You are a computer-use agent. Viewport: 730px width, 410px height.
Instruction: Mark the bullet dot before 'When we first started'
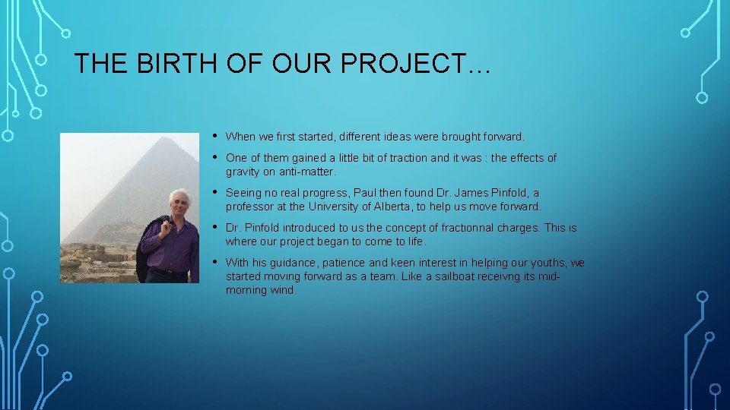click(216, 136)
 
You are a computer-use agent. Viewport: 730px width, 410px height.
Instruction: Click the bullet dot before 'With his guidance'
click(216, 262)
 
